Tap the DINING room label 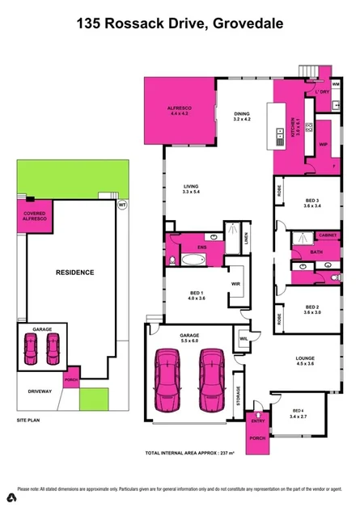pos(242,116)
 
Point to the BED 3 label pos(313,202)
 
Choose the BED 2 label pos(312,309)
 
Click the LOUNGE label pos(305,359)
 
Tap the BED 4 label pos(299,413)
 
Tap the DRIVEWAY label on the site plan pos(40,391)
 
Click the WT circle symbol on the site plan pos(122,205)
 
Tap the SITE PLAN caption pos(28,421)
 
